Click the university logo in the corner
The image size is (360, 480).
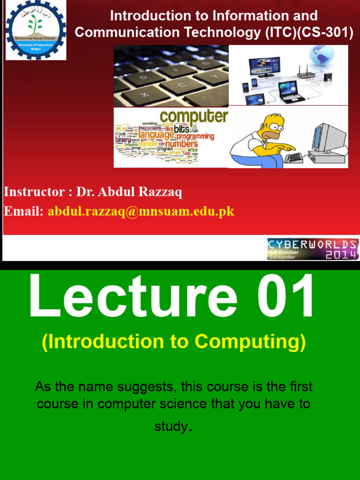tap(36, 30)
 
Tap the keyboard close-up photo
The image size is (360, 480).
tap(171, 76)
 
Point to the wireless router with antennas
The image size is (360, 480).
tap(306, 71)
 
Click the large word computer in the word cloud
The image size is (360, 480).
tap(194, 116)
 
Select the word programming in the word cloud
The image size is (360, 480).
tap(195, 136)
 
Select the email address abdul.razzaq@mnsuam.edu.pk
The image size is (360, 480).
tap(141, 211)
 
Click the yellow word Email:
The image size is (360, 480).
tap(24, 211)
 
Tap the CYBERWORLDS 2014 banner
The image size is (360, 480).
tap(313, 249)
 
